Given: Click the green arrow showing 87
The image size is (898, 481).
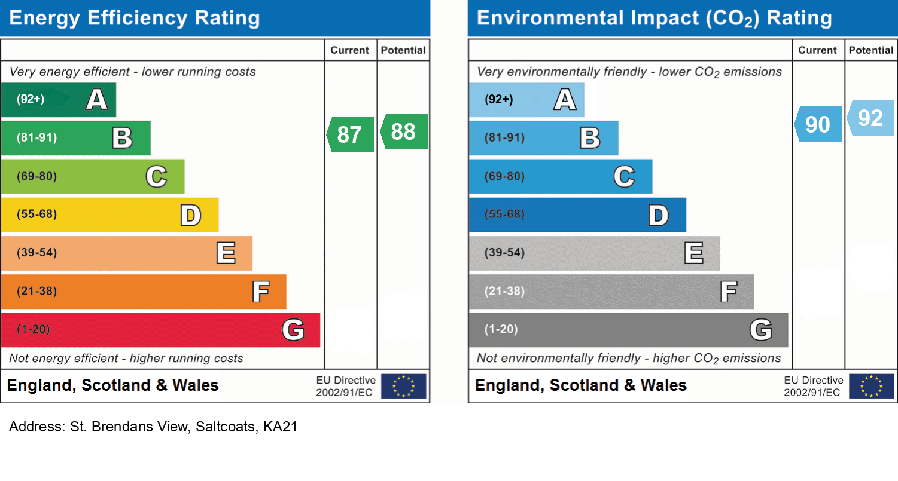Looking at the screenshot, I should pyautogui.click(x=351, y=134).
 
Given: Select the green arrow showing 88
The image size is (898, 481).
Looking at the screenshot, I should pyautogui.click(x=404, y=131).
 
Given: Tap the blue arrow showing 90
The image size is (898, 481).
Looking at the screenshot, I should pyautogui.click(x=818, y=124).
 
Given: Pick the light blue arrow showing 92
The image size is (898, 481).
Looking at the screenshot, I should pyautogui.click(x=871, y=118).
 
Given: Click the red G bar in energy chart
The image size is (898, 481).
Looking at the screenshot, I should pyautogui.click(x=160, y=330).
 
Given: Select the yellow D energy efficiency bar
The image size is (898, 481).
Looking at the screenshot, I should pyautogui.click(x=109, y=215).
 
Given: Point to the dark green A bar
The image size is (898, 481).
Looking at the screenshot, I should pyautogui.click(x=58, y=100).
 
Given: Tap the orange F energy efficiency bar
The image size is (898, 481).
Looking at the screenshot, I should pyautogui.click(x=144, y=292).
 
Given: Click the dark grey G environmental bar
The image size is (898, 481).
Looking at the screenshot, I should pyautogui.click(x=628, y=330).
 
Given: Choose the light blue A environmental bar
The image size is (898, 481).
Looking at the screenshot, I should pyautogui.click(x=526, y=100).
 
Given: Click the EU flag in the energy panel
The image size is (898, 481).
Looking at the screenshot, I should pyautogui.click(x=403, y=386).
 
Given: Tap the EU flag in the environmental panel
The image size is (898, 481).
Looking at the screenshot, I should pyautogui.click(x=871, y=386).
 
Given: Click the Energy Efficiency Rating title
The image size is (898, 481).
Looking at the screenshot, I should pyautogui.click(x=135, y=19).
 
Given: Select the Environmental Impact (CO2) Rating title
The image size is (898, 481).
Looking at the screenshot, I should pyautogui.click(x=654, y=19).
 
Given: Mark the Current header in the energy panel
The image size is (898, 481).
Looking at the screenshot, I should pyautogui.click(x=349, y=50).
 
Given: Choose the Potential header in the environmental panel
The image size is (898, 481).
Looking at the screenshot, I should pyautogui.click(x=870, y=50).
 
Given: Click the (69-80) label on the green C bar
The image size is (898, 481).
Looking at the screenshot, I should pyautogui.click(x=36, y=177).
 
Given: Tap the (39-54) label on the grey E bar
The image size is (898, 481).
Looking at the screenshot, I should pyautogui.click(x=504, y=253).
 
